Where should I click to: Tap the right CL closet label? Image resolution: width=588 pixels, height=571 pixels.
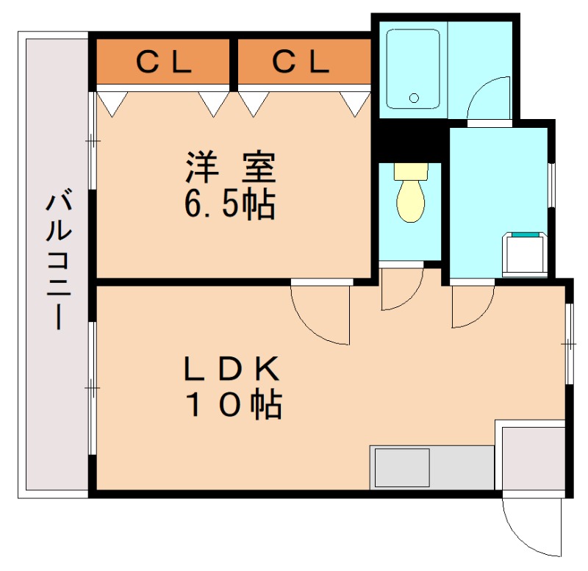pos(301,63)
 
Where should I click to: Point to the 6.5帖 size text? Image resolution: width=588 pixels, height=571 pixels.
pos(229,206)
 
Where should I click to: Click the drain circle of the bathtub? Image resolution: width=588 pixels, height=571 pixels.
pos(413,98)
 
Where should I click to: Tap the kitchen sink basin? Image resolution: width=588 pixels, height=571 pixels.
pos(401,467)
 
